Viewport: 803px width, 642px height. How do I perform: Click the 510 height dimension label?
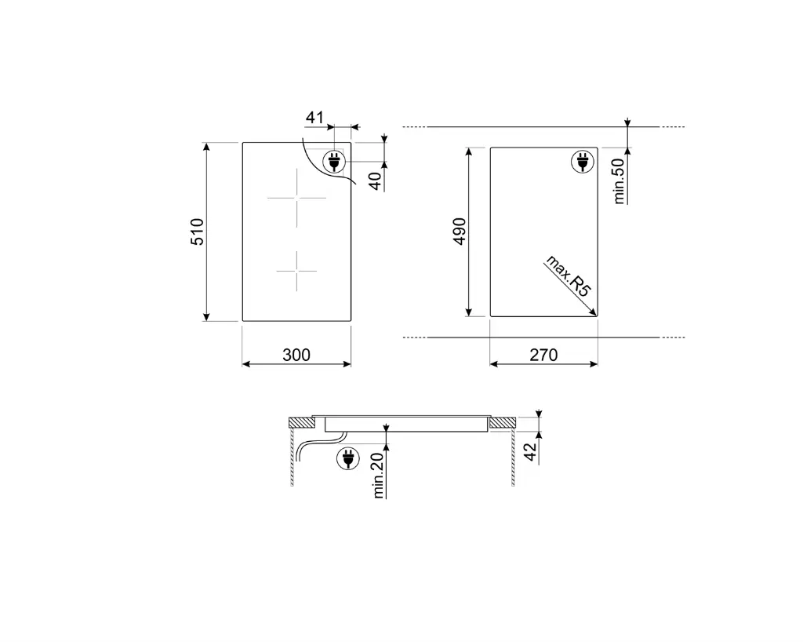pyautogui.click(x=197, y=232)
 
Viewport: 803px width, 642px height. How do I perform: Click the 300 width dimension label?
pyautogui.click(x=296, y=355)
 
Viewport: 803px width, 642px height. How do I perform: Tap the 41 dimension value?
pyautogui.click(x=315, y=117)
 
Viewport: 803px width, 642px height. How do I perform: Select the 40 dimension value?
pyautogui.click(x=376, y=181)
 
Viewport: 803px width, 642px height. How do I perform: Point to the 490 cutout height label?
pyautogui.click(x=460, y=232)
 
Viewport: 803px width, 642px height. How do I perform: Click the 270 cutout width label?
pyautogui.click(x=543, y=355)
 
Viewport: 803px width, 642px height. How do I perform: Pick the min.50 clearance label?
pyautogui.click(x=620, y=181)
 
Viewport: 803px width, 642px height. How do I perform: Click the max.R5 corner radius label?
pyautogui.click(x=568, y=275)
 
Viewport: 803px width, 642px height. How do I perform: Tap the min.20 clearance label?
pyautogui.click(x=379, y=476)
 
